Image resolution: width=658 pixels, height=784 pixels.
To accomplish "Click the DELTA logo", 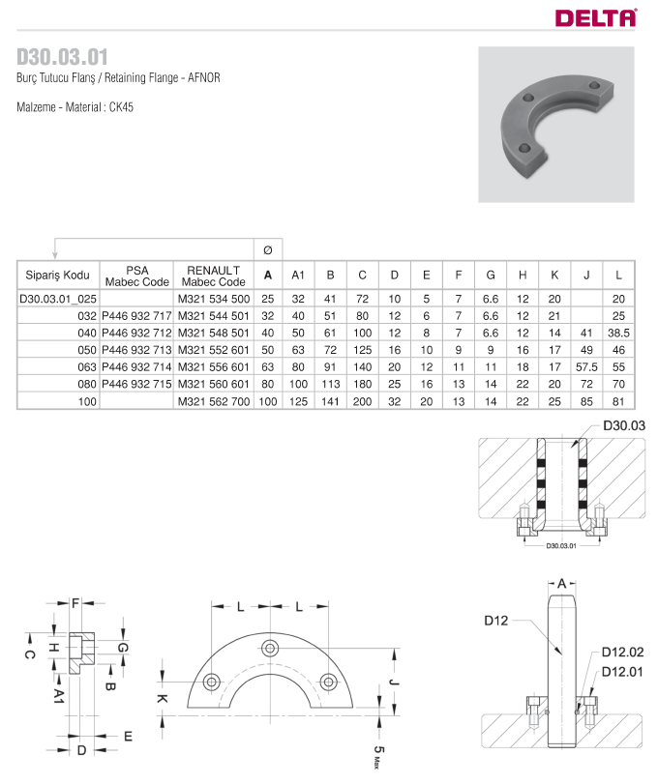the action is [596, 18].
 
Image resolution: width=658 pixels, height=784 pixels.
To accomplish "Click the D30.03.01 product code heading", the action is [62, 57].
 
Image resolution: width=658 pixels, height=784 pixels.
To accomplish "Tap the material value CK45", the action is [121, 107].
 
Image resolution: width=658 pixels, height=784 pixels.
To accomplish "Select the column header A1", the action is [298, 275].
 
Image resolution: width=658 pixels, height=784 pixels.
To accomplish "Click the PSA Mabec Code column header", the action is [137, 276].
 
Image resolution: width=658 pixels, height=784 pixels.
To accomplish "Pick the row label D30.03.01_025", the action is [58, 299].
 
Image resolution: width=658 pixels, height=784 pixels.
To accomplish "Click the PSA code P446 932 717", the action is [136, 316].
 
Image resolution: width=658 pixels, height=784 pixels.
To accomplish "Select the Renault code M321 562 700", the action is [214, 401].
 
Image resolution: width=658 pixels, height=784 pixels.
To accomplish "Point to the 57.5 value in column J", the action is [586, 367].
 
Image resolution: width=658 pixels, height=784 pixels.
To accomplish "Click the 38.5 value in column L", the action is [618, 333].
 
